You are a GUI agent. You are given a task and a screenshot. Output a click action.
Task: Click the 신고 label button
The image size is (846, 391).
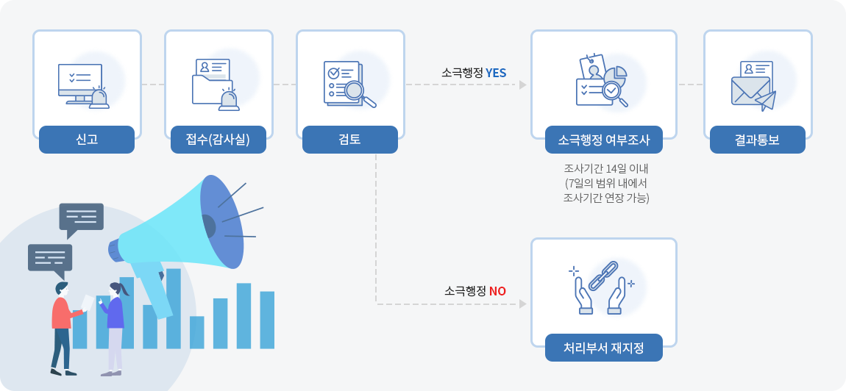(x=87, y=140)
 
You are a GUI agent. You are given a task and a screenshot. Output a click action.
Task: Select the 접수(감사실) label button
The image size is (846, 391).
(x=218, y=140)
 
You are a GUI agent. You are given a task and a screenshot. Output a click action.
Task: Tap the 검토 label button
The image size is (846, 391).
(x=350, y=140)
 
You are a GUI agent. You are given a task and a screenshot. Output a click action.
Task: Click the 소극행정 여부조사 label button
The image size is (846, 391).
(x=604, y=140)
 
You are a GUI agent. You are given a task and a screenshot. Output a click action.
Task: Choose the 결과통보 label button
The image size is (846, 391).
(x=757, y=140)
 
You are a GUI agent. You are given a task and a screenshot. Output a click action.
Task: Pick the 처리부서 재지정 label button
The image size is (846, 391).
(x=604, y=348)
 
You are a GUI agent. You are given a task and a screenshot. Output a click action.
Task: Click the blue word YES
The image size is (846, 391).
(x=496, y=73)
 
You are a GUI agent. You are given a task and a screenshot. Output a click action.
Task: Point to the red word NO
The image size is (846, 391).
(x=497, y=291)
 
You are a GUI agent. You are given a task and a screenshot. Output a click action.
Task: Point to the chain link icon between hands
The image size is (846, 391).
(x=603, y=276)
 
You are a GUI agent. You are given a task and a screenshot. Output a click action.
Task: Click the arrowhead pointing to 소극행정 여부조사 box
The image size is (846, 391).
(x=523, y=85)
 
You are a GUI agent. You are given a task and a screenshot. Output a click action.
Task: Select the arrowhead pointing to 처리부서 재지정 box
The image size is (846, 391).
(x=523, y=304)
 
